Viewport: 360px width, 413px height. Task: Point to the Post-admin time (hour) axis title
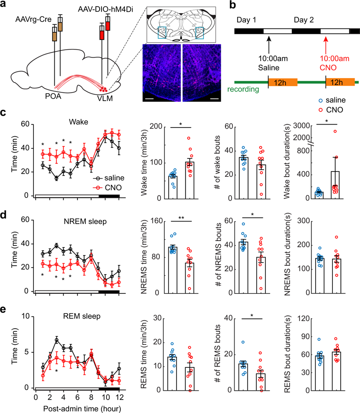pyautogui.click(x=78, y=407)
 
